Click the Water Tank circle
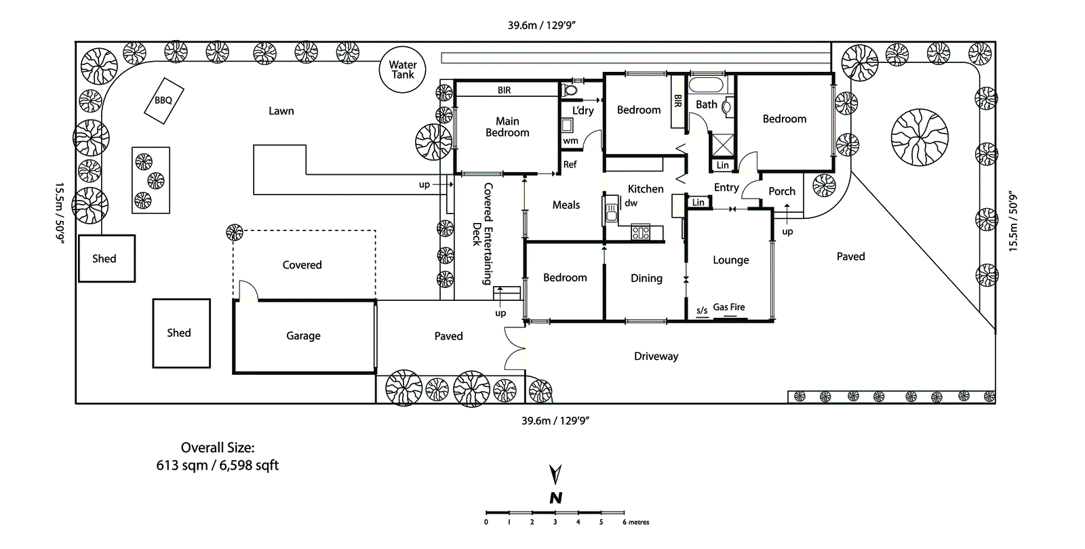pos(402,69)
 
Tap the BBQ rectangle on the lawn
pos(164,100)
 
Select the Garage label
pos(303,335)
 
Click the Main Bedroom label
pos(507,127)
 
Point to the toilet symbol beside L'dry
pos(570,89)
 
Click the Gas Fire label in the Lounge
pos(729,307)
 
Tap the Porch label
pos(782,191)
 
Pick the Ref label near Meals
pos(570,164)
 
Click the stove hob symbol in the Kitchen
pos(641,233)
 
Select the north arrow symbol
pos(555,475)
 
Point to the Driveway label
pos(656,356)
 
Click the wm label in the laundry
pos(570,141)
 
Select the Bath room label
pos(706,104)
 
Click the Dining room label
pos(646,278)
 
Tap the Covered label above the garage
pos(302,265)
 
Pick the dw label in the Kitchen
pos(631,203)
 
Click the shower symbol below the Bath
pos(722,145)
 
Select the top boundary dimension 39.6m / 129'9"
pos(541,25)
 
